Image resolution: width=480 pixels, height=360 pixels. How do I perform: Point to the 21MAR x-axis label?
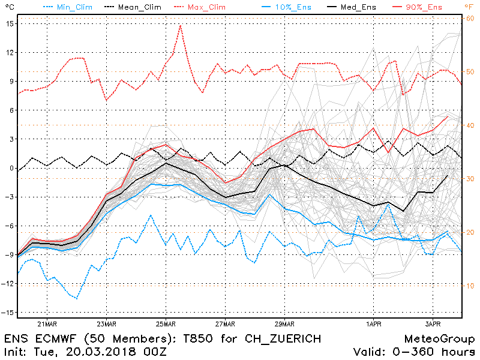(x=47, y=324)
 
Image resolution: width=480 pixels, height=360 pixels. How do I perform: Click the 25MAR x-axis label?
(x=166, y=324)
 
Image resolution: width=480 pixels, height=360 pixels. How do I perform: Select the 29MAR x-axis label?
(x=284, y=324)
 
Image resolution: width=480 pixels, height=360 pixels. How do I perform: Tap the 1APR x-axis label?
(x=373, y=324)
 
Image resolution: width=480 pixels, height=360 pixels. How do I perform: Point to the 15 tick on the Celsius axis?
(x=10, y=23)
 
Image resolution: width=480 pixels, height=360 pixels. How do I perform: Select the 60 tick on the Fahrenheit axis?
(x=470, y=19)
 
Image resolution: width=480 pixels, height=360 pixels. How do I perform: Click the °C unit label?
(x=8, y=7)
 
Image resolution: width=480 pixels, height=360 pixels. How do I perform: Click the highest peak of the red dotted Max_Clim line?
(x=180, y=25)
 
